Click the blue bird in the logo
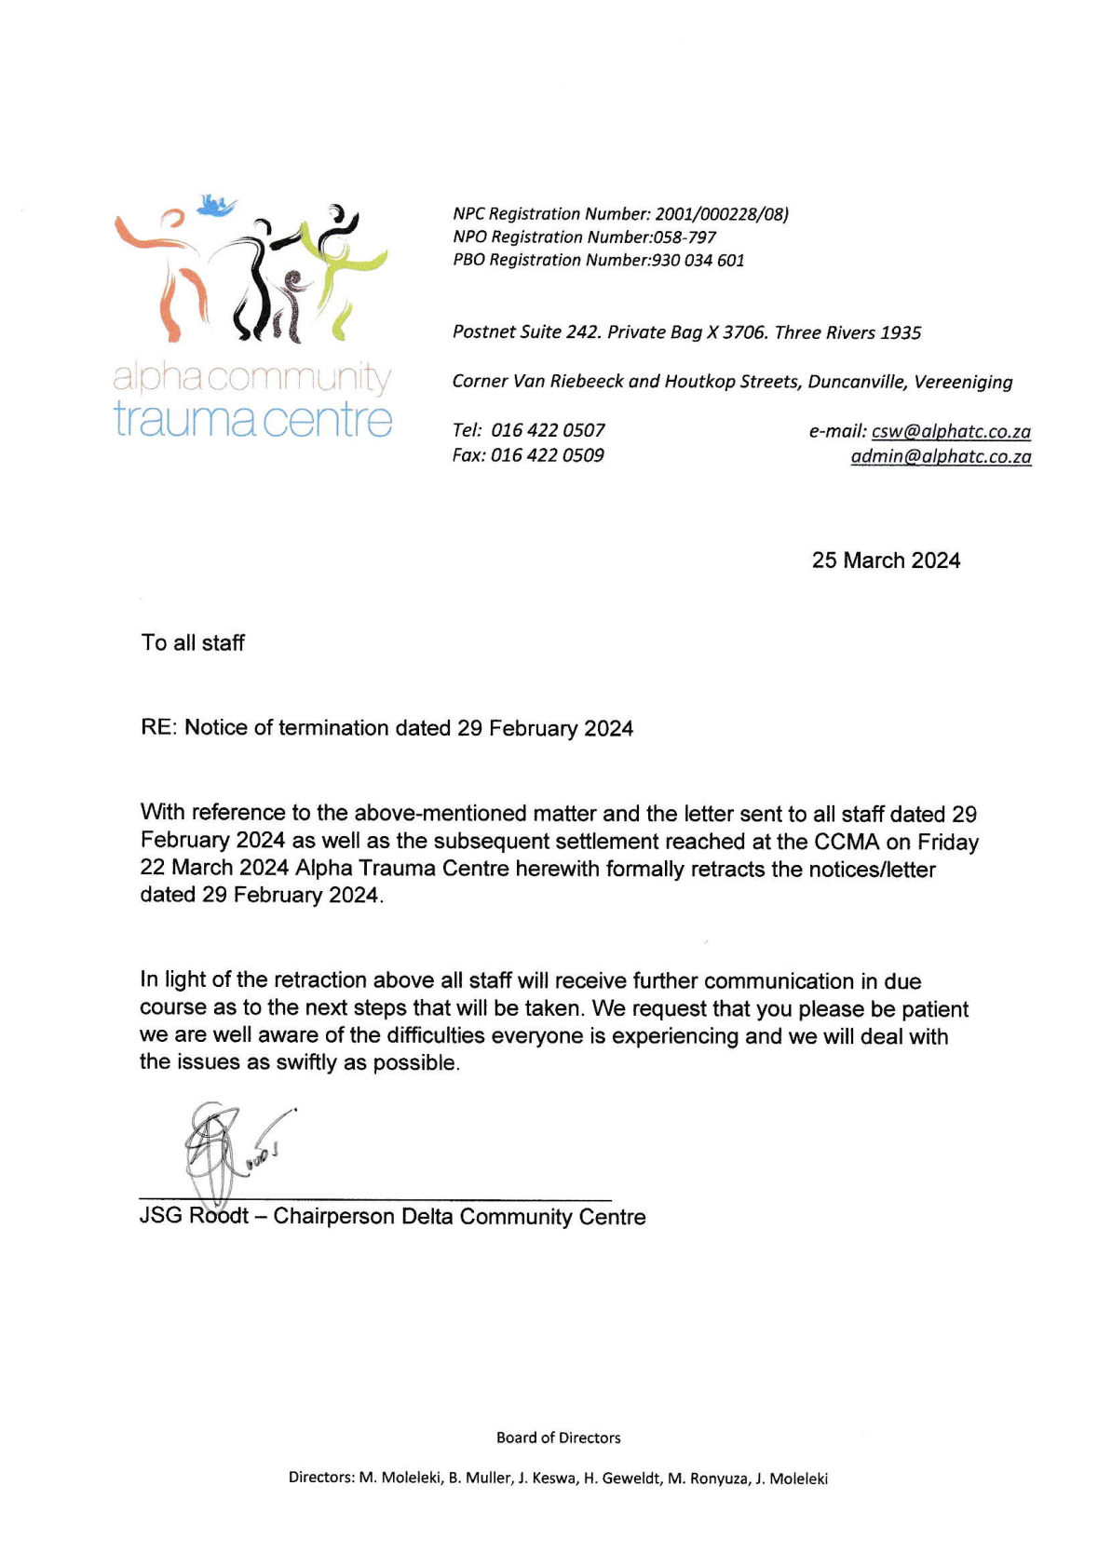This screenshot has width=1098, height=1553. (216, 204)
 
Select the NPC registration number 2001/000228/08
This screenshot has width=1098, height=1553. (721, 214)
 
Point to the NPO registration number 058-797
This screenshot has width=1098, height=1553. (685, 237)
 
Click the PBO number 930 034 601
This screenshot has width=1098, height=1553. (698, 261)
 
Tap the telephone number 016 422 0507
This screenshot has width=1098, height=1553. (548, 430)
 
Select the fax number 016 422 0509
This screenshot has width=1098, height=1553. (548, 455)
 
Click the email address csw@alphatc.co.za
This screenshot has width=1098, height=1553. (951, 431)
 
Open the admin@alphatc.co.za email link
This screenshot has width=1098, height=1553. (941, 456)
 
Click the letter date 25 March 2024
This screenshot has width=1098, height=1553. (886, 560)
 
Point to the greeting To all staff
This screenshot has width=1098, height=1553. (193, 642)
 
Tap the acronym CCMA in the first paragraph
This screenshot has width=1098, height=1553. (847, 842)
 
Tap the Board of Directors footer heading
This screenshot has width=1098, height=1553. (558, 1438)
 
